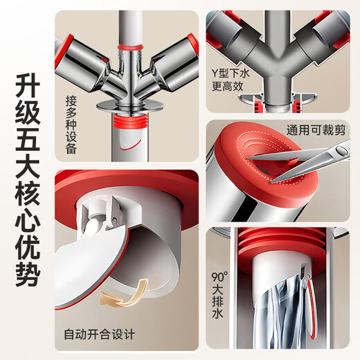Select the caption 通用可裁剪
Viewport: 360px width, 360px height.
314,129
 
